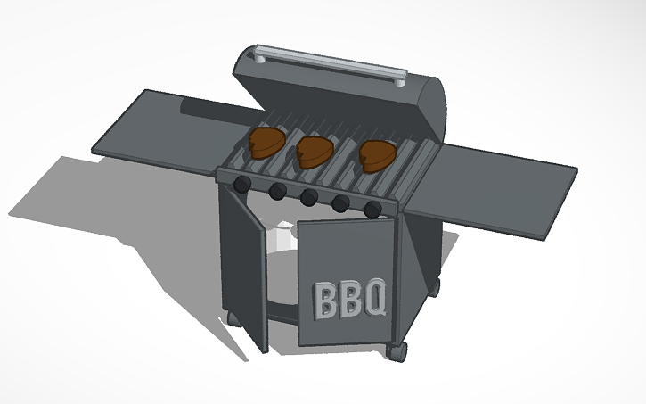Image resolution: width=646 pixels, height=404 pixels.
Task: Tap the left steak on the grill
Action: click(x=265, y=141)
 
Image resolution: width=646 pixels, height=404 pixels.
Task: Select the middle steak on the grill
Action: click(x=314, y=150)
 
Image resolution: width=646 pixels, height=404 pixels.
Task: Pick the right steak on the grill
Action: click(x=377, y=155)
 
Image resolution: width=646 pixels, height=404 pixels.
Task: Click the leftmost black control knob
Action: click(x=241, y=184)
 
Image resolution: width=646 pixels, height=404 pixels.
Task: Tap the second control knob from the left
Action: click(x=277, y=191)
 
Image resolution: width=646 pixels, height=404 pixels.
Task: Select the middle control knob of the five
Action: click(x=308, y=197)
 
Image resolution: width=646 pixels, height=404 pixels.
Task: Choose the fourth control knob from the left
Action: click(x=340, y=203)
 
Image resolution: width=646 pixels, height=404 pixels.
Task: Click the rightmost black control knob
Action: click(x=372, y=209)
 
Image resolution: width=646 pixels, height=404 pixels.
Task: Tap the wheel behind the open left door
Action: click(x=234, y=318)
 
